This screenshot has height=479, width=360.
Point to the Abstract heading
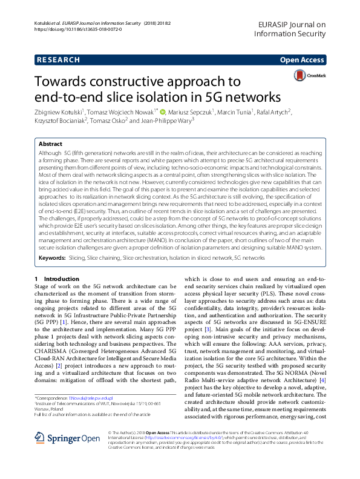point(50,144)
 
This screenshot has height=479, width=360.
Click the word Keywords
point(52,257)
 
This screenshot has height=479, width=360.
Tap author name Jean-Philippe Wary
point(166,121)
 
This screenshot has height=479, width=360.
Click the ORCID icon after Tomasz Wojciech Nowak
point(163,111)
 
